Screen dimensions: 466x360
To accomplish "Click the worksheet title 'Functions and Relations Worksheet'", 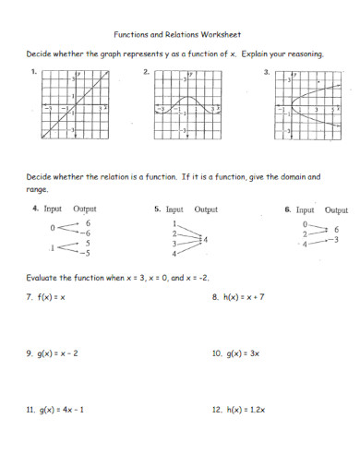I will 179,29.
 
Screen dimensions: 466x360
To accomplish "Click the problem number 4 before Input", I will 34,209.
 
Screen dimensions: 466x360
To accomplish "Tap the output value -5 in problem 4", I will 86,252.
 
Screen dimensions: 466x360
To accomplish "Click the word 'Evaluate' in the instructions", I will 45,276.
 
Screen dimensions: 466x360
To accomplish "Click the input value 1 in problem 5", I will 173,224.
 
